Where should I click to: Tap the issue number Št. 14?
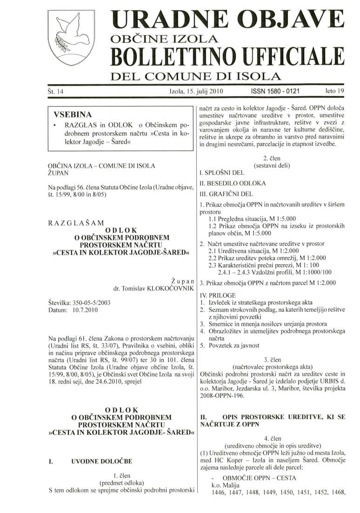(x=56, y=91)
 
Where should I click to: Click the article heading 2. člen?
(x=272, y=158)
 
